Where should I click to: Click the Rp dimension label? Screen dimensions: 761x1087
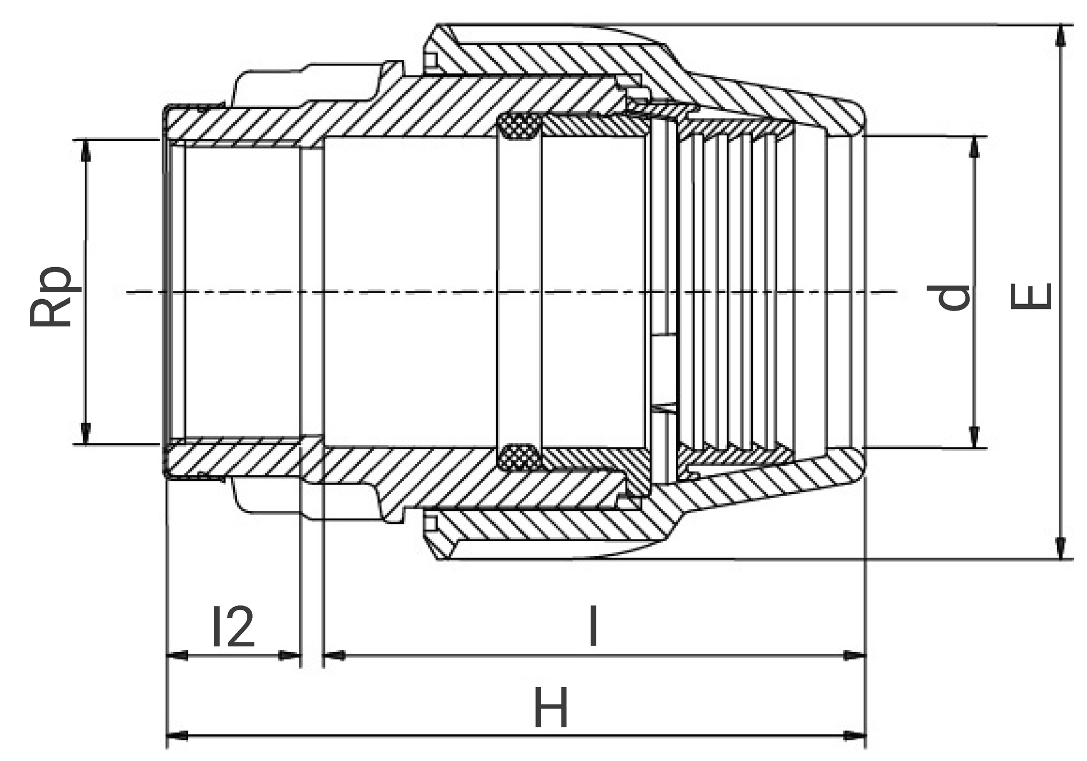pyautogui.click(x=50, y=296)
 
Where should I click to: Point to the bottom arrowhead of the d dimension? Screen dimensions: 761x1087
pyautogui.click(x=974, y=438)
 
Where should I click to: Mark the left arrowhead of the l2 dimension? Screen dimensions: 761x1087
pyautogui.click(x=176, y=655)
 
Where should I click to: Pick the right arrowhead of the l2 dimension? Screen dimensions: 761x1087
pyautogui.click(x=290, y=655)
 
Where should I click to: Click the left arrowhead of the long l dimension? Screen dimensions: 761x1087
pyautogui.click(x=334, y=655)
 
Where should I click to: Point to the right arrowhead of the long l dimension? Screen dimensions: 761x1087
pyautogui.click(x=855, y=655)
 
